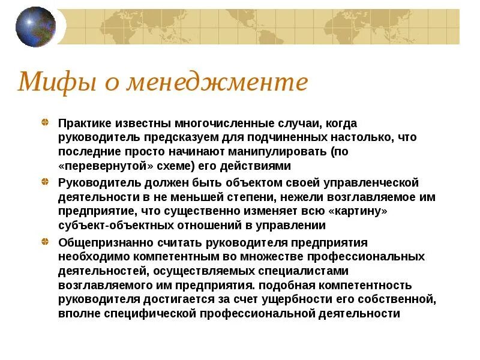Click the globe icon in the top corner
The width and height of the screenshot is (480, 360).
click(x=35, y=27)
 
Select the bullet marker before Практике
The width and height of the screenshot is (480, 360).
click(x=46, y=123)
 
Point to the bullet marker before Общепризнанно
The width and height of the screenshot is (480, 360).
click(x=46, y=242)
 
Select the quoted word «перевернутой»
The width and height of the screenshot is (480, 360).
click(x=101, y=166)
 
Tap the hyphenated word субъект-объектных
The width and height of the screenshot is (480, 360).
click(x=112, y=226)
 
